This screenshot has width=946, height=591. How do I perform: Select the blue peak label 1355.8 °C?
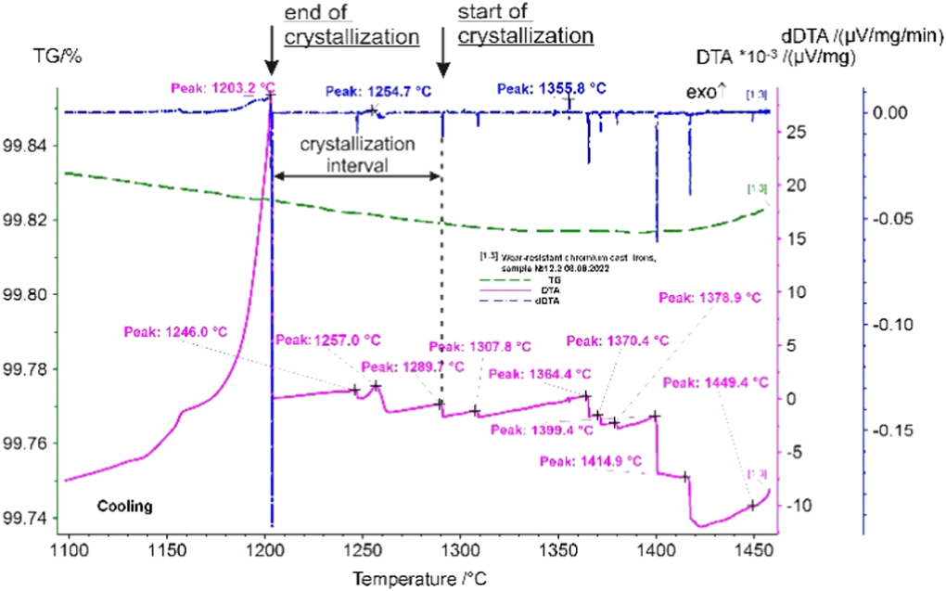pos(552,89)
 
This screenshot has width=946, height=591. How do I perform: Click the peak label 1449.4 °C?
pos(716,381)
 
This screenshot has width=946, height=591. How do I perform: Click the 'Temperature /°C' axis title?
pos(417,577)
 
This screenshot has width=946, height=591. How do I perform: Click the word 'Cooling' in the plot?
pos(125,507)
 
